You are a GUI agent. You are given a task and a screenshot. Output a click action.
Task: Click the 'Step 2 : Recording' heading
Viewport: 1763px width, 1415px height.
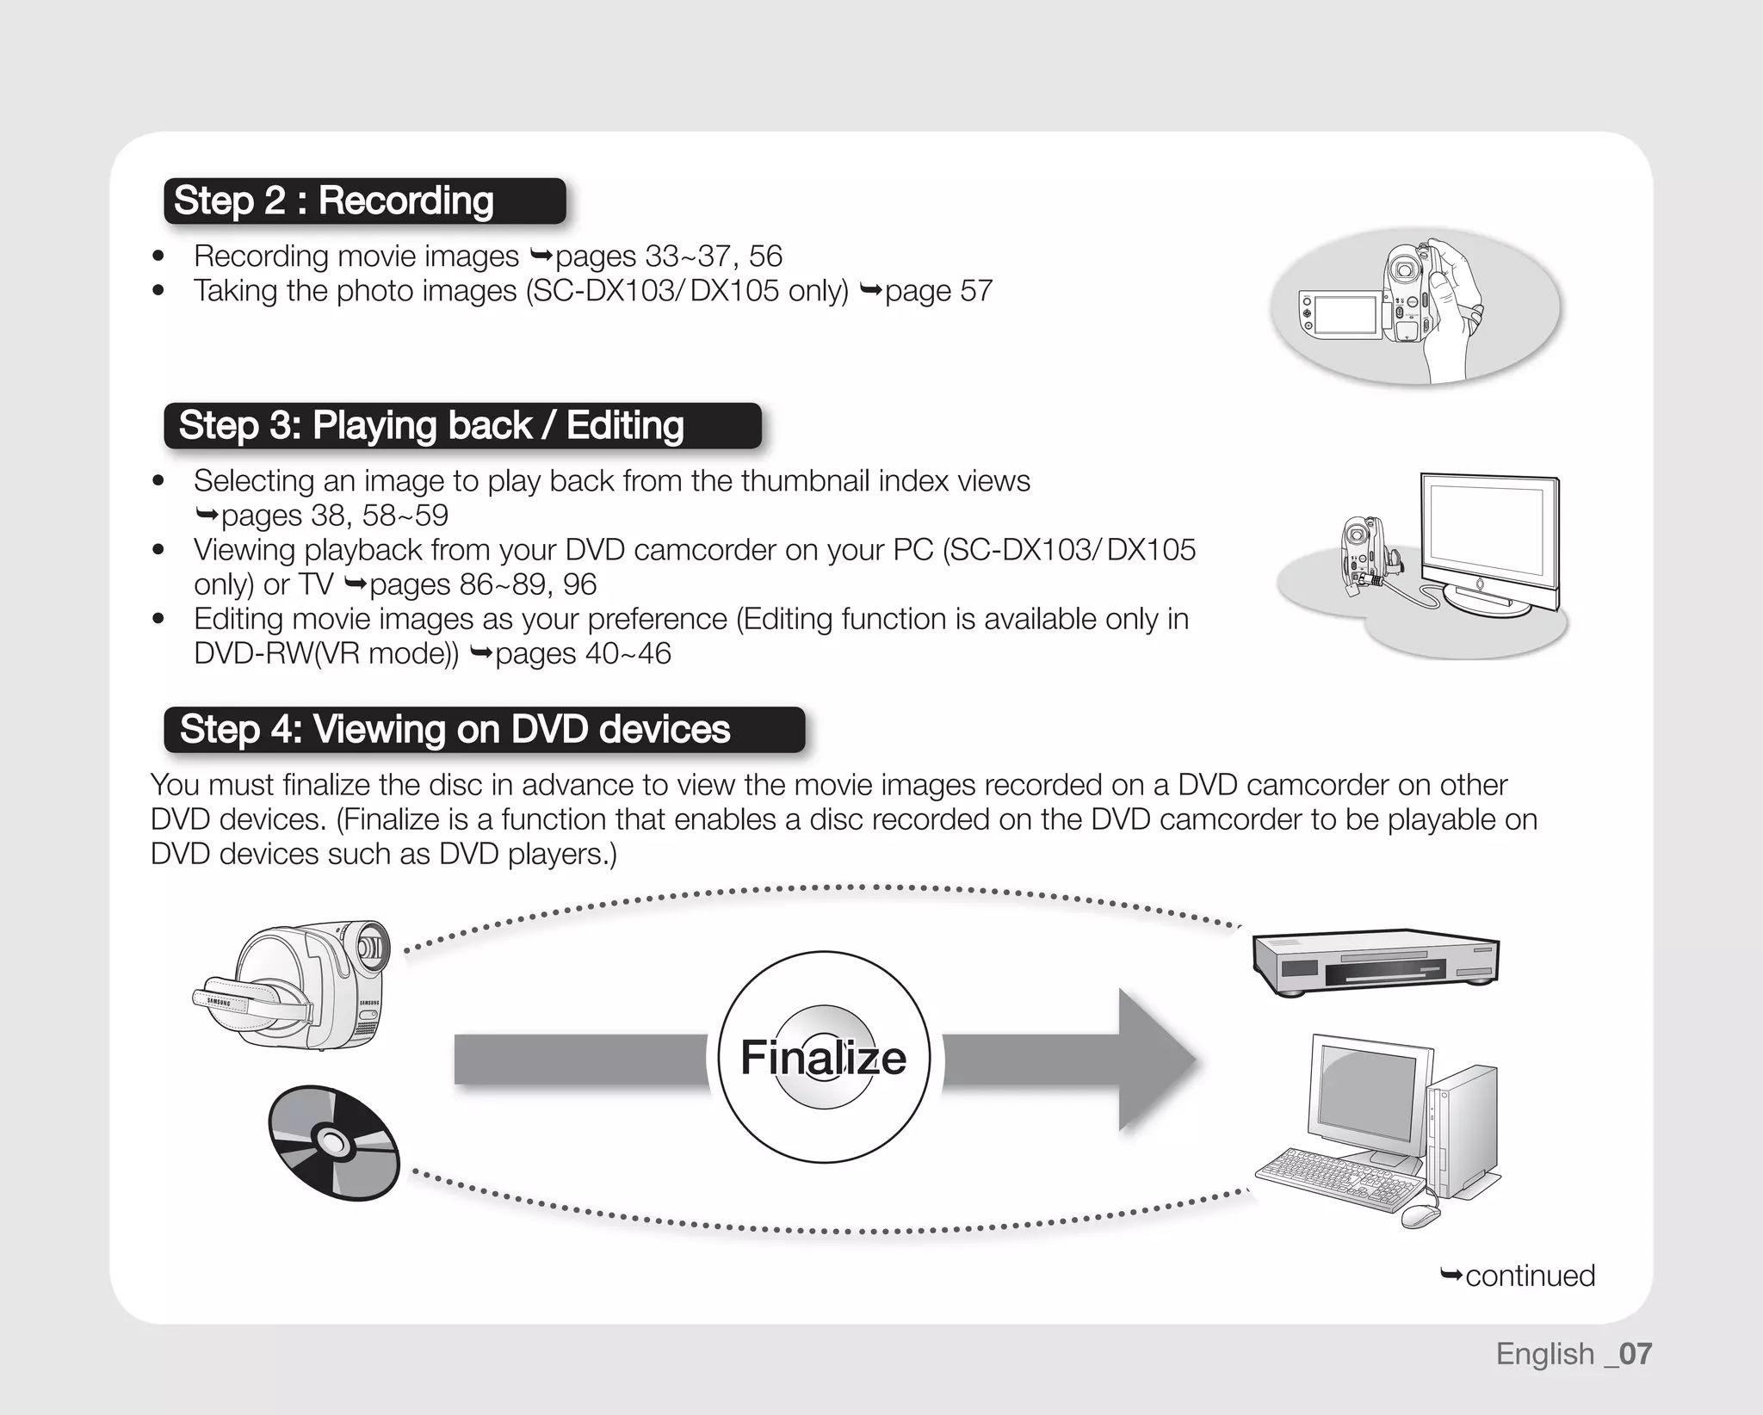(334, 201)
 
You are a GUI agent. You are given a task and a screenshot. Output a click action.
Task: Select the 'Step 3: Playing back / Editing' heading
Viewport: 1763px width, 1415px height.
(430, 425)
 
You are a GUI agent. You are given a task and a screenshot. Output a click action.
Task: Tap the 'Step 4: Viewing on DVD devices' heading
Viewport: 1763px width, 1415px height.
(455, 729)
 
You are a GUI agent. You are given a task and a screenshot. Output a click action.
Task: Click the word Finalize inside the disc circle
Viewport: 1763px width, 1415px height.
(823, 1057)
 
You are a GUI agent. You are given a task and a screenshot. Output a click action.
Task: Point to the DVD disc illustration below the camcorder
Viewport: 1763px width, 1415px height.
(333, 1143)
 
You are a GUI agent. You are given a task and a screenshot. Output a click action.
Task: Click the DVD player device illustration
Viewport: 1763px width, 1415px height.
(1375, 961)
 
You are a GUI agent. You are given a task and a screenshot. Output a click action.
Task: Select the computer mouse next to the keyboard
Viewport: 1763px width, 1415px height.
(1420, 1216)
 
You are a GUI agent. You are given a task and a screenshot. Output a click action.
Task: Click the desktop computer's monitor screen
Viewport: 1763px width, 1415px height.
(1369, 1093)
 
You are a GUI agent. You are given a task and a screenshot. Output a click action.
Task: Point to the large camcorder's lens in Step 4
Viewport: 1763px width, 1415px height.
(373, 947)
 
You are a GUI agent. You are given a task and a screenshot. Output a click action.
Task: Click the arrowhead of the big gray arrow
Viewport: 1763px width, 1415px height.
(1158, 1060)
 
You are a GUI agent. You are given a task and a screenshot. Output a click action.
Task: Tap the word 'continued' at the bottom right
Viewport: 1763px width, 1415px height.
(1530, 1276)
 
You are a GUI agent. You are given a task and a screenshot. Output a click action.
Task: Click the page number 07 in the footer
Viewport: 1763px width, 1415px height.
(1635, 1354)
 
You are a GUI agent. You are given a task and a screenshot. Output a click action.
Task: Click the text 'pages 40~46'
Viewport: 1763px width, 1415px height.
(583, 654)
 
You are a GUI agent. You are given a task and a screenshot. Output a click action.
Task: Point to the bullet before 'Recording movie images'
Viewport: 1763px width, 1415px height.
(158, 256)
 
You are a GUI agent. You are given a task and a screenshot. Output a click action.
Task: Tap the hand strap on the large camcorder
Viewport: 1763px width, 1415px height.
(258, 998)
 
